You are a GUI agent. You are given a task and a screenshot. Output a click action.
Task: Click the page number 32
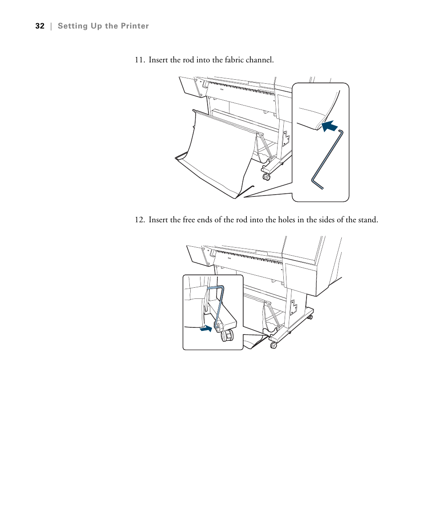[x=40, y=26]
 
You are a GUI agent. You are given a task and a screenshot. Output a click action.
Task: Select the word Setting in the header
[x=73, y=26]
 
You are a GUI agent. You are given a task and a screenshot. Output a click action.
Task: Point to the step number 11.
[x=140, y=60]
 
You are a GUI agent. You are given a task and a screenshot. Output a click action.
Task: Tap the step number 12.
[x=140, y=220]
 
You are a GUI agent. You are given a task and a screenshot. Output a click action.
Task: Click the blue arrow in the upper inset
[x=329, y=126]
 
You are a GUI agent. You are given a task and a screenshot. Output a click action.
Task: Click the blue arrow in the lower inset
[x=206, y=329]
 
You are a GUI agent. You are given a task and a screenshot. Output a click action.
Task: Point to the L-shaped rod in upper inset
[x=327, y=158]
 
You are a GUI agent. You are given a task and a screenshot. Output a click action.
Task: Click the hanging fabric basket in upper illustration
[x=218, y=151]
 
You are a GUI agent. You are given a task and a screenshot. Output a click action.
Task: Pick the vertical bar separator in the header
[x=51, y=26]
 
